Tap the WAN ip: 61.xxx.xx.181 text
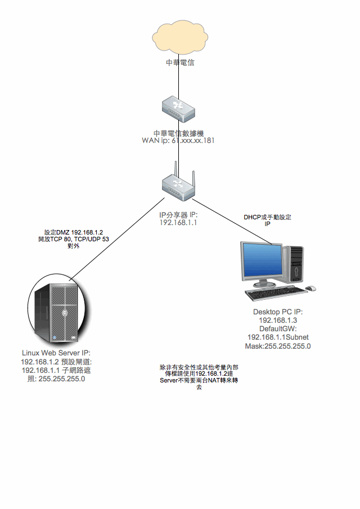[178, 141]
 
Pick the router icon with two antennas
[178, 186]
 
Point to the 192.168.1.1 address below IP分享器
[178, 223]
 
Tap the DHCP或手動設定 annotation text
[268, 217]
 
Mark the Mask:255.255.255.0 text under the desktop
[278, 346]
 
